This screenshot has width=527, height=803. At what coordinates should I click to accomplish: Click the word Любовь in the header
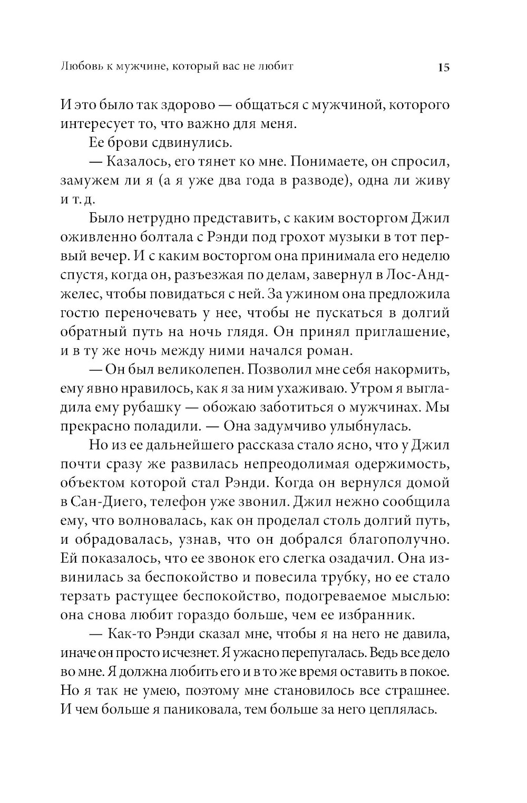84,67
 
